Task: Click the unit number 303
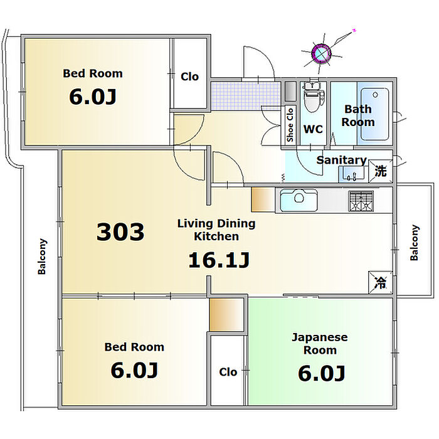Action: point(120,232)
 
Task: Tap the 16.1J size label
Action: point(219,260)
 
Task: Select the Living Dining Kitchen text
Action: point(216,230)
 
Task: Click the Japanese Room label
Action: point(319,344)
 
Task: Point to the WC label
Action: point(313,129)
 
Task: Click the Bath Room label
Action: point(357,115)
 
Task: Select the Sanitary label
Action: point(341,160)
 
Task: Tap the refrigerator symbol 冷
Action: point(380,282)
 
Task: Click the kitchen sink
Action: point(299,200)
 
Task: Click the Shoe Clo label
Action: point(290,123)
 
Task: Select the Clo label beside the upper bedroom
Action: point(189,77)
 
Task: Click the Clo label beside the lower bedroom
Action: point(228,372)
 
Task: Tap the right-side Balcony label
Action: point(414,243)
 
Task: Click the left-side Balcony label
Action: point(42,256)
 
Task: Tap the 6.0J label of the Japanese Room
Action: point(321,373)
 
